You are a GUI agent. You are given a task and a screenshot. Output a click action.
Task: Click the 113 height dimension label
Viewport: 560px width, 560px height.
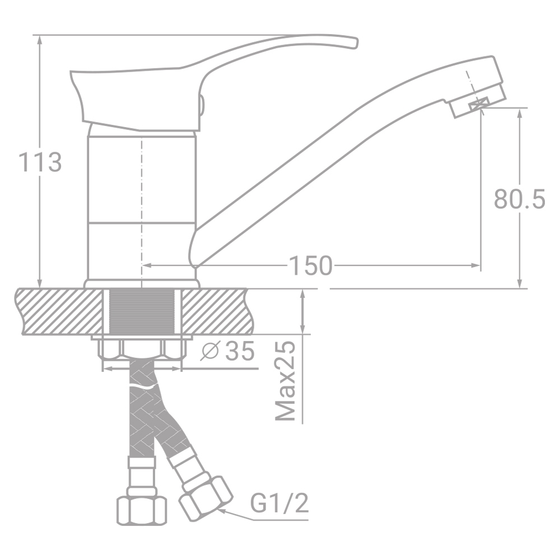click(40, 162)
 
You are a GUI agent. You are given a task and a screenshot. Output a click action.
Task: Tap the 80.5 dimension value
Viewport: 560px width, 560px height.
click(520, 199)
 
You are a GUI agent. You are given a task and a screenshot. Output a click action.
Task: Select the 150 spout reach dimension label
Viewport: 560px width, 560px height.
click(310, 265)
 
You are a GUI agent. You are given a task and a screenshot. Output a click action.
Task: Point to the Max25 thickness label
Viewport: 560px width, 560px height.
click(286, 381)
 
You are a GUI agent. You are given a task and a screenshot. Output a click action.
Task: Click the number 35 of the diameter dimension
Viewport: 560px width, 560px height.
click(240, 351)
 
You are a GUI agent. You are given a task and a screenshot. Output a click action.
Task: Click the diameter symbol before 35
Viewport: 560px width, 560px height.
click(209, 351)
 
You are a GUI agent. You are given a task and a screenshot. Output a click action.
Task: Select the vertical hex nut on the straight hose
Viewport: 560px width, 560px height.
click(142, 510)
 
